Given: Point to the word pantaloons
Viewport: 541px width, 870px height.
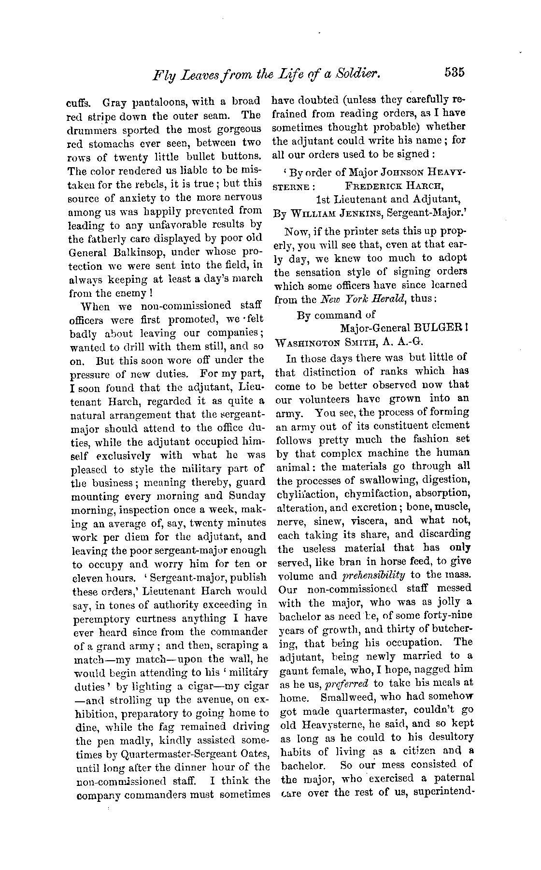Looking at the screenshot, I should [x=157, y=102].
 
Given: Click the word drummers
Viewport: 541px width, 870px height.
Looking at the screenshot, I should [x=93, y=130].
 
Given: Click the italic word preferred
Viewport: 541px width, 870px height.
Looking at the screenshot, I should [x=352, y=683].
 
